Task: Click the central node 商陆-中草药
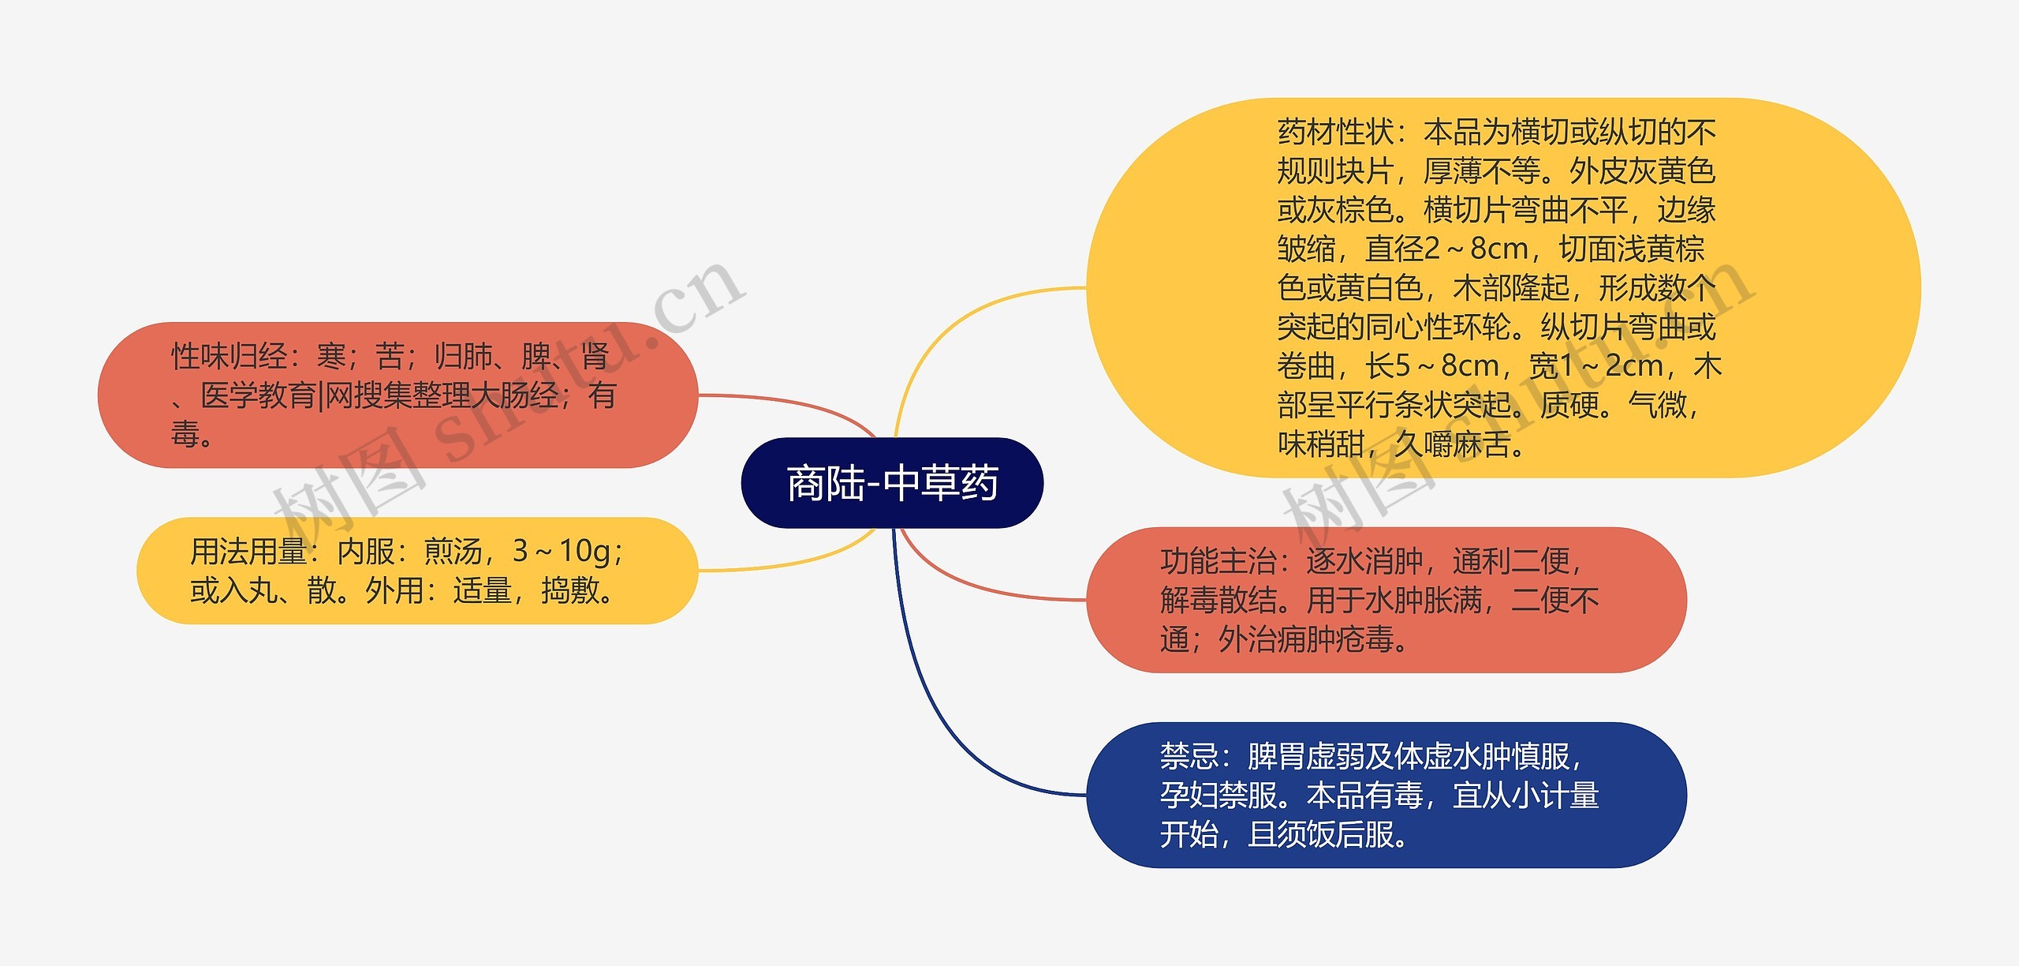pos(892,483)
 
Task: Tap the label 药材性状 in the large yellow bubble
pos(1335,132)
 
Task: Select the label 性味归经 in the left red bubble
pos(230,357)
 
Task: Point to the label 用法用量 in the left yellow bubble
pos(248,552)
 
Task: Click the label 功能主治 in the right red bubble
pos(1218,561)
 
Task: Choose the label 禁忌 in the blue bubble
pos(1189,756)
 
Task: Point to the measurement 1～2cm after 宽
pos(1609,366)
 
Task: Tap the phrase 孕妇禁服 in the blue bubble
pos(1218,796)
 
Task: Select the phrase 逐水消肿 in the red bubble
pos(1364,561)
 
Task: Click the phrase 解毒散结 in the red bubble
pos(1218,601)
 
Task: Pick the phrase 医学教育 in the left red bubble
pos(258,395)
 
